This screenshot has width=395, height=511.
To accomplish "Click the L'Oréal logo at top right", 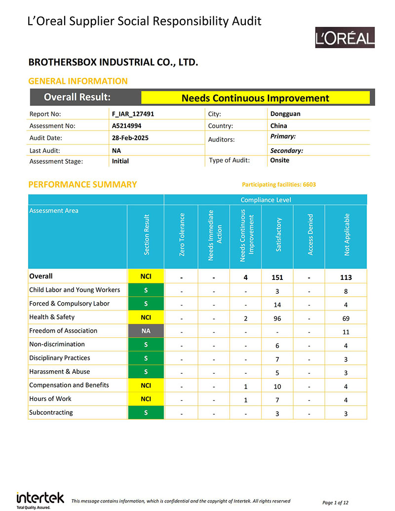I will pos(345,38).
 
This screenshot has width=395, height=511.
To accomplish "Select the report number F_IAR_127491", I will pos(133,114).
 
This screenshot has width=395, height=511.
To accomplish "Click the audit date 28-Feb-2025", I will pos(130,138).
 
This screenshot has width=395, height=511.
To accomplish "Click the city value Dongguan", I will pos(285,114).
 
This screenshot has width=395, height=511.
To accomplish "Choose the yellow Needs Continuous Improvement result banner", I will pos(255,98).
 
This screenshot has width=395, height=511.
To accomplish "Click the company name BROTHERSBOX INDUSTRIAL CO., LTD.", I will pos(114,63).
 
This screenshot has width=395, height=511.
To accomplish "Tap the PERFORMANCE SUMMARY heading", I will pos(82,185).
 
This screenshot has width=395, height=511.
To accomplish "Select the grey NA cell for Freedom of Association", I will pos(145,331).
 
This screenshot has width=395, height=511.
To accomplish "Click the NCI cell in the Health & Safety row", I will pos(145,317).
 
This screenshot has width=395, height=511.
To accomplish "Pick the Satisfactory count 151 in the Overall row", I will pos(277,277).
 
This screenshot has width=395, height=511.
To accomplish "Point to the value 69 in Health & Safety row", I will pos(346,317).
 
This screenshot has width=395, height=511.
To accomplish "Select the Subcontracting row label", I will pos(51,412).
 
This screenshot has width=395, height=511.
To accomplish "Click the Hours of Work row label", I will pos(50,399).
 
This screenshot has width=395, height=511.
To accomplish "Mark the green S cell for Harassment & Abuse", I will pos(145,372).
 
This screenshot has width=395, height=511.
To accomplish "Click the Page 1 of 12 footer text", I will pos(335,503).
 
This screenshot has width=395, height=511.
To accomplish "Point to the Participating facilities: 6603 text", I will pos(279,185).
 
